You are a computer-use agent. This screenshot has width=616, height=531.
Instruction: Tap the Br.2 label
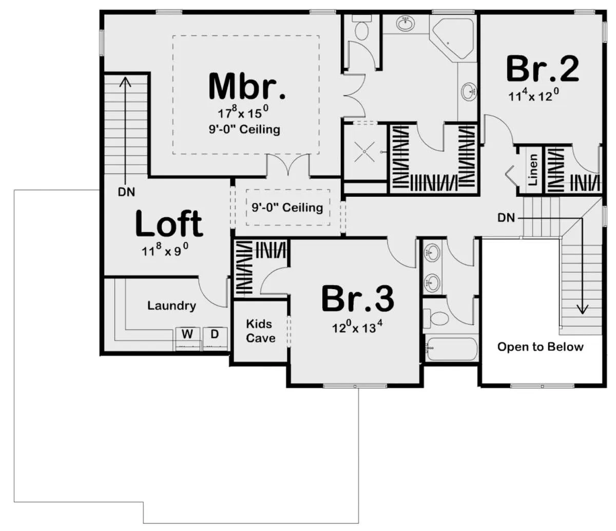pos(543,69)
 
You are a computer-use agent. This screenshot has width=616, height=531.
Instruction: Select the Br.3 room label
pos(358,299)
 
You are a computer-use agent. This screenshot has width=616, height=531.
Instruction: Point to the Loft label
pos(169,223)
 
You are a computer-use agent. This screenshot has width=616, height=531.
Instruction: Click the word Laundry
pos(171,306)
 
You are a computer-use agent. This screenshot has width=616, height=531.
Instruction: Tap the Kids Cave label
pos(260,331)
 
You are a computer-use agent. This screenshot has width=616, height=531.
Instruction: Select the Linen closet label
pos(532,169)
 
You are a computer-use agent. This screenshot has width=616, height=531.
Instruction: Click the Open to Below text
pos(541,347)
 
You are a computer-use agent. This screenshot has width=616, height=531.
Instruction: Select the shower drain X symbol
pos(364,152)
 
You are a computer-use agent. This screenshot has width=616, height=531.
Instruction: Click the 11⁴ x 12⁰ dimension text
pos(533,95)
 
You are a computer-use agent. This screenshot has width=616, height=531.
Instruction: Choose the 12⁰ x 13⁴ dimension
pos(357,327)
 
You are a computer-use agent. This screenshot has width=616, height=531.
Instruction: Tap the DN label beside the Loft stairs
pos(126,192)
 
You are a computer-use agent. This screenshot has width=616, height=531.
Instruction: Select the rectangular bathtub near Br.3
pos(451,349)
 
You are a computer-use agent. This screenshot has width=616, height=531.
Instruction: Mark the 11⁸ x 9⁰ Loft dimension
pos(165,250)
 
